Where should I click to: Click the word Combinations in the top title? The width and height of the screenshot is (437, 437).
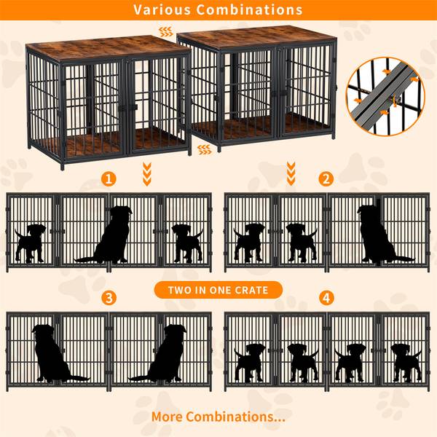point(250,10)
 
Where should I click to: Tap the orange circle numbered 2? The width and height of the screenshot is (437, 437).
point(326,178)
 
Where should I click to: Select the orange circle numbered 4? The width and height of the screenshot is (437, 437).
point(326,297)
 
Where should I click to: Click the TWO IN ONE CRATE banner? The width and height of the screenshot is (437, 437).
point(218,290)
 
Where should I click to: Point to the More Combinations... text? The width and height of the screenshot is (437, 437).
point(218,417)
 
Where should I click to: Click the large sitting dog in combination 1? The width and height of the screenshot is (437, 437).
point(110,236)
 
